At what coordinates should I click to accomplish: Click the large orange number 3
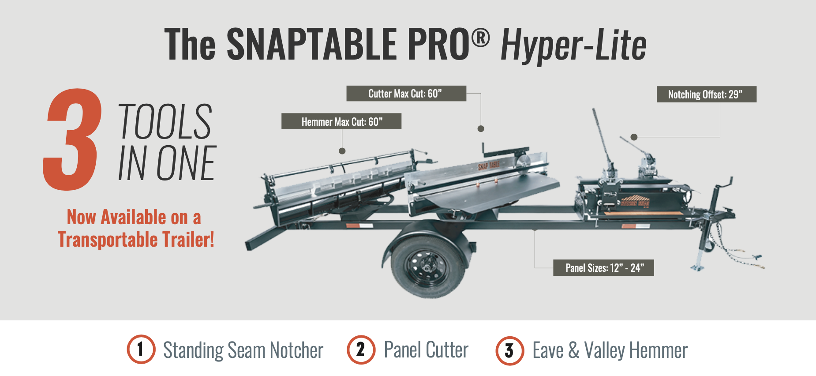pyautogui.click(x=72, y=139)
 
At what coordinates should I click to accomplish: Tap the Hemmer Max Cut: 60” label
pyautogui.click(x=341, y=121)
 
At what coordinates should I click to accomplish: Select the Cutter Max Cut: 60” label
pyautogui.click(x=406, y=94)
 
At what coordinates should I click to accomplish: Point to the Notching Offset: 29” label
pyautogui.click(x=707, y=94)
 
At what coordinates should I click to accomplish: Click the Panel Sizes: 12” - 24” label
pyautogui.click(x=603, y=268)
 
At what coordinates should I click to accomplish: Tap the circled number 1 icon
pyautogui.click(x=141, y=350)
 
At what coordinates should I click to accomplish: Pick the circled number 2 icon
pyautogui.click(x=361, y=350)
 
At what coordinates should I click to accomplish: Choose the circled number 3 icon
pyautogui.click(x=509, y=350)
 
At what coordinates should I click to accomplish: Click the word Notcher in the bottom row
pyautogui.click(x=296, y=350)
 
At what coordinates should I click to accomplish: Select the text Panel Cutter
pyautogui.click(x=426, y=350)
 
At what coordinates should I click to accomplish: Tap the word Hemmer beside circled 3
pyautogui.click(x=658, y=351)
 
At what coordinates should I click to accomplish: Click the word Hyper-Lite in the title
pyautogui.click(x=573, y=45)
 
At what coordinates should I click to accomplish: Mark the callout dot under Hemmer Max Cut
pyautogui.click(x=342, y=151)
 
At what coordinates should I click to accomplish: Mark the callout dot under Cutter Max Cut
pyautogui.click(x=481, y=129)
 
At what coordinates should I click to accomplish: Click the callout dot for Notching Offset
pyautogui.click(x=634, y=137)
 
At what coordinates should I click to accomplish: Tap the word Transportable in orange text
pyautogui.click(x=108, y=240)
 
